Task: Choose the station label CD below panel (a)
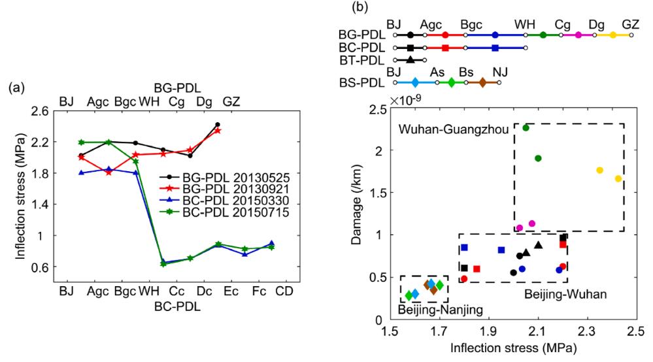pyautogui.click(x=284, y=290)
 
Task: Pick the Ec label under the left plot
pyautogui.click(x=231, y=290)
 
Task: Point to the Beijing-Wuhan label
pyautogui.click(x=566, y=295)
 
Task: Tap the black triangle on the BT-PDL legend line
pyautogui.click(x=410, y=60)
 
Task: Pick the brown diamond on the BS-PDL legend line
pyautogui.click(x=482, y=82)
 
